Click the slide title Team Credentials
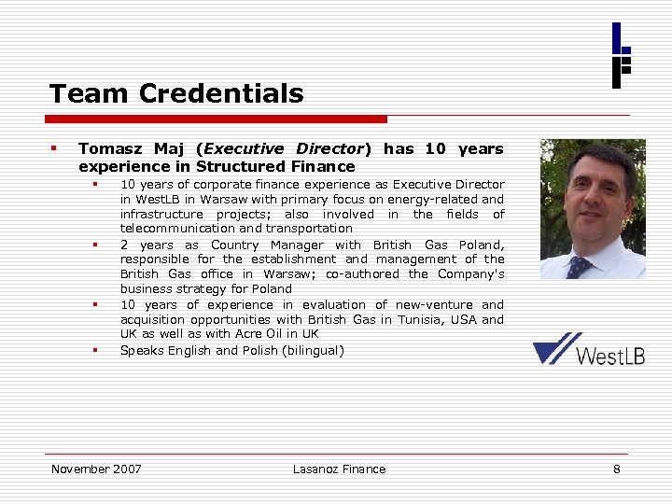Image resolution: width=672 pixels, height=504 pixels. click(176, 93)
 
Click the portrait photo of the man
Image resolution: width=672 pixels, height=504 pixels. click(593, 209)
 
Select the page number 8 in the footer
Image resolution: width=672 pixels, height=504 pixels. click(616, 469)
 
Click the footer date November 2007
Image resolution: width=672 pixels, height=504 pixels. click(96, 469)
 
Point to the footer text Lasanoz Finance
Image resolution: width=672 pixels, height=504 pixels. click(339, 469)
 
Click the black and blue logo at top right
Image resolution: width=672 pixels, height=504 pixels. click(622, 55)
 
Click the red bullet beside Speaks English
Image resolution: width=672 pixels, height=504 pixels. click(95, 350)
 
